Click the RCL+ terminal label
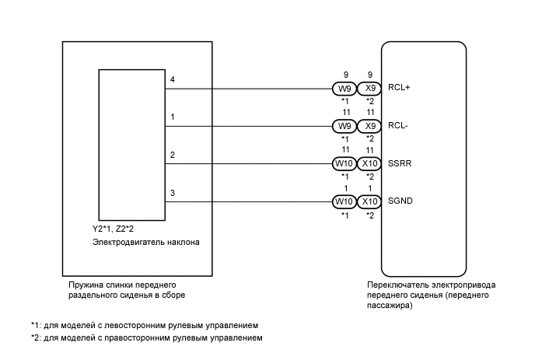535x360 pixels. [x=399, y=88]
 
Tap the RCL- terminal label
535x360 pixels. [x=398, y=125]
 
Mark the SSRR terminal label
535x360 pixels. [x=400, y=163]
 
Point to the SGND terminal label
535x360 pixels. [x=400, y=201]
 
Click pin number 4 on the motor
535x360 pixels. [x=173, y=79]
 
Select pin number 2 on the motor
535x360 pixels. [x=173, y=155]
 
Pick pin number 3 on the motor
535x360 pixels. [x=173, y=192]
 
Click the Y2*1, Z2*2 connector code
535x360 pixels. [x=113, y=229]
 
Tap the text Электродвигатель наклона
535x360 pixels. [x=145, y=243]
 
